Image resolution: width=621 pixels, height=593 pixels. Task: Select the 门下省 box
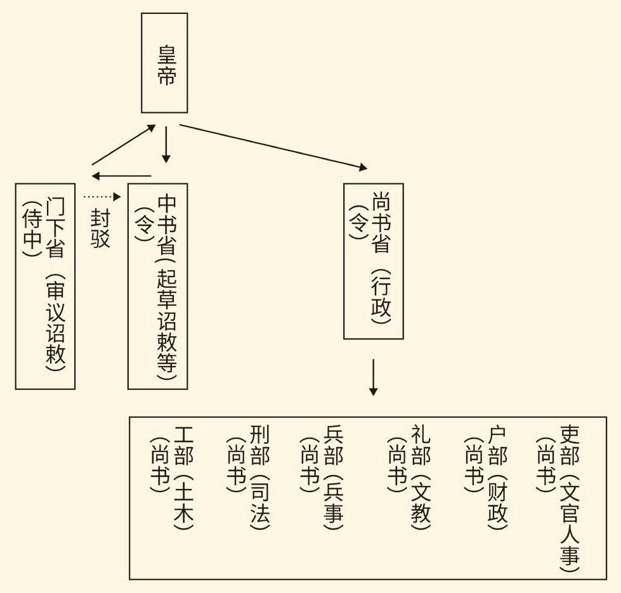point(45,285)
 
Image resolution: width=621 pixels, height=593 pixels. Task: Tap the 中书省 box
point(158,285)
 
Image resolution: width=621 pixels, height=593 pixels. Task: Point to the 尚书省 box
point(373,261)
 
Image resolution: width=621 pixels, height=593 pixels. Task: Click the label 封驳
point(100,229)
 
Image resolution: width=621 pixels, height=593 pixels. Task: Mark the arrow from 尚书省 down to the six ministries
point(373,377)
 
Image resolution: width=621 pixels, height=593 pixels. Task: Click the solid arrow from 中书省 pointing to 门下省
point(121,176)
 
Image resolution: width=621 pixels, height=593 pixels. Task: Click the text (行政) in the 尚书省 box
point(381,297)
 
